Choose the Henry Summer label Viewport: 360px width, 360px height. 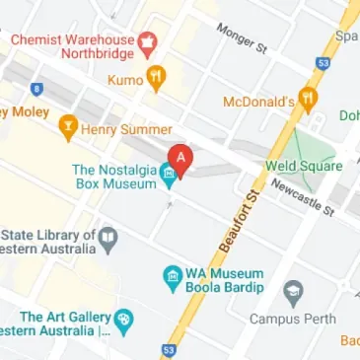pos(126,129)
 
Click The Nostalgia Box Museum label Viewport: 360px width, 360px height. pos(113,177)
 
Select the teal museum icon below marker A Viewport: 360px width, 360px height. pos(170,178)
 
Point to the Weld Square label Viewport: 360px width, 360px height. pos(303,167)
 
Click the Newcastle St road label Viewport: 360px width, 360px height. pos(304,196)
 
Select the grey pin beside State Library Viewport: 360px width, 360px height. pos(109,237)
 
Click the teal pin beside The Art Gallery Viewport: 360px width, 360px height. pos(123,320)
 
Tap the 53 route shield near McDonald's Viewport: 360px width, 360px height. pos(322,62)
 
